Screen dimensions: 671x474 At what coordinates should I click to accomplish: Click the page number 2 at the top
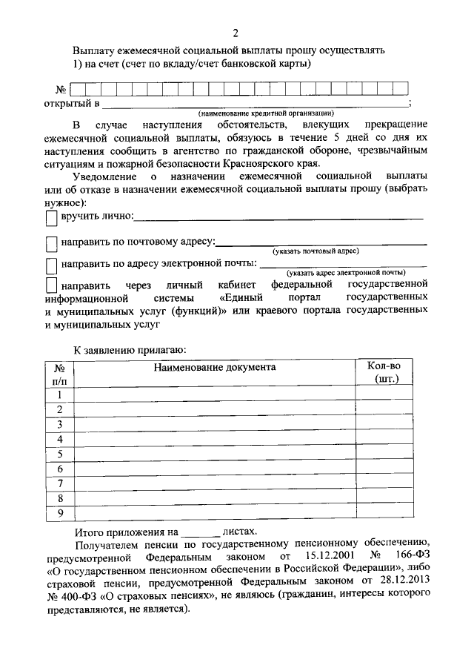tap(236, 33)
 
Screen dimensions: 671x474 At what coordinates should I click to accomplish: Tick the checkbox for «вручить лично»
tap(51, 218)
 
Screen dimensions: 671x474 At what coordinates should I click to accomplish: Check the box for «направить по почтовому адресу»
tap(51, 244)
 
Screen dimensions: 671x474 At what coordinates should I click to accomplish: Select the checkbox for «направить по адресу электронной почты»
tap(51, 265)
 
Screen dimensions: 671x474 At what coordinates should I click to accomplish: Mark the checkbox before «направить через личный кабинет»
tap(51, 285)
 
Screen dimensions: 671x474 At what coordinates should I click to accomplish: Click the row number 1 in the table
tap(59, 394)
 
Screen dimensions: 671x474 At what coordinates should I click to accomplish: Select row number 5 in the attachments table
tap(59, 455)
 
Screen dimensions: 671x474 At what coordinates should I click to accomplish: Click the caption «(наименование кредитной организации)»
tap(258, 113)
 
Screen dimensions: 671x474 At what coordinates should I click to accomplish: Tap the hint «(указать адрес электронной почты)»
tap(346, 273)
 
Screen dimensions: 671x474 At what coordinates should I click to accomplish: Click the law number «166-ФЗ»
tap(411, 555)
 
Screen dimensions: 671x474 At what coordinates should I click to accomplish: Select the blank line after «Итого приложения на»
tap(201, 532)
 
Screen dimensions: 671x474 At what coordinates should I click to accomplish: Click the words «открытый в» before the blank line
tap(72, 102)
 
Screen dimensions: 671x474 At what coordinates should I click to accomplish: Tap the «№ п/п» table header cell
tap(59, 372)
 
